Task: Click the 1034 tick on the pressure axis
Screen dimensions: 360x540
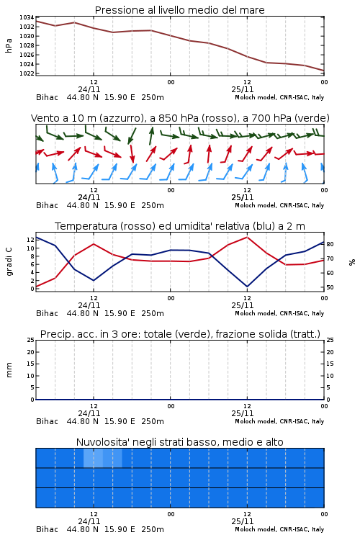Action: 27,17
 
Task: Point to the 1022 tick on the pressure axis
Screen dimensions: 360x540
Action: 27,73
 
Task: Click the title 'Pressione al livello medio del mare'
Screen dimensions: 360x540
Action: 180,10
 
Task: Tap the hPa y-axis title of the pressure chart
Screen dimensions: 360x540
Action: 9,45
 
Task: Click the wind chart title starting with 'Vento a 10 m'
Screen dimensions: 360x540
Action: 180,118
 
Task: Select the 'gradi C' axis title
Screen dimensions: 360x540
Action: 9,261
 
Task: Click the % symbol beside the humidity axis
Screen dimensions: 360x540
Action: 352,262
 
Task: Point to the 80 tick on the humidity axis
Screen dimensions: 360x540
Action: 330,244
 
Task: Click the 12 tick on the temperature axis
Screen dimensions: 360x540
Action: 31,240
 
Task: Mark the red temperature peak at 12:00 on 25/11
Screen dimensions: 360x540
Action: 248,237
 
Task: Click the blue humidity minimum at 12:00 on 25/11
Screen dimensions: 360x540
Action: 248,286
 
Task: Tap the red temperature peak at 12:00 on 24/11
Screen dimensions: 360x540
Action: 94,244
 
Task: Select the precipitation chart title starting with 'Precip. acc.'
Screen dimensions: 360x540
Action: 180,334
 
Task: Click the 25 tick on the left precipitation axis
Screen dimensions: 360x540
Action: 31,340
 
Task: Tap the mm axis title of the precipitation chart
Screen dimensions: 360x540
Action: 9,370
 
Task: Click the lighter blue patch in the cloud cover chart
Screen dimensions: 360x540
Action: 103,458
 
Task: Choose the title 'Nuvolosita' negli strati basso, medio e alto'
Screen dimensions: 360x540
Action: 180,442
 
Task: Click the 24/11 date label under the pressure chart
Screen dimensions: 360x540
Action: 89,89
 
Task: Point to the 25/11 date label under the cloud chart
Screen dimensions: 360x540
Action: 243,521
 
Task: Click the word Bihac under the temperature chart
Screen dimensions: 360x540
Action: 48,313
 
